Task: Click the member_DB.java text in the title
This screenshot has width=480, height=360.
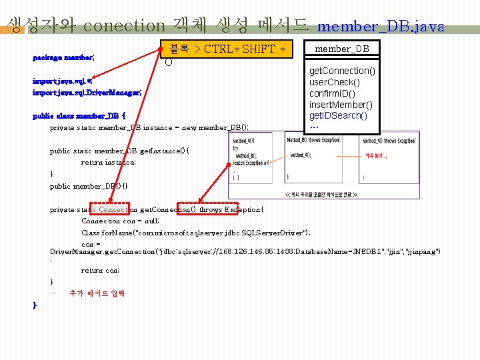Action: tap(381, 27)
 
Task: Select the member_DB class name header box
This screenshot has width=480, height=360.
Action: tap(342, 49)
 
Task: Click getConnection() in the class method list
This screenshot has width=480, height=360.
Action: tap(342, 71)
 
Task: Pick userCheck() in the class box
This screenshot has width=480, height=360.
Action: tap(335, 82)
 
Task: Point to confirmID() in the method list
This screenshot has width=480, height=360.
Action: tap(332, 93)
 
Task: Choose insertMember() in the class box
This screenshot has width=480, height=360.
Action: tap(341, 105)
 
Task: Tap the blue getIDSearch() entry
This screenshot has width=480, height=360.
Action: tap(338, 115)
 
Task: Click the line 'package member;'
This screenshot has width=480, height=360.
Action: tap(64, 57)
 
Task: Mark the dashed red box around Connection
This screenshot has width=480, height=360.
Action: tap(110, 209)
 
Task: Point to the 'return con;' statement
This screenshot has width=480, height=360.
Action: tap(100, 271)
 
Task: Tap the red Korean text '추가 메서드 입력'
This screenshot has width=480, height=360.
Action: tap(97, 293)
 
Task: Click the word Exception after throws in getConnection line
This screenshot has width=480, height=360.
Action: tap(243, 209)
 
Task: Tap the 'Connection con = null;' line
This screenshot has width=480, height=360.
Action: tap(120, 221)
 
